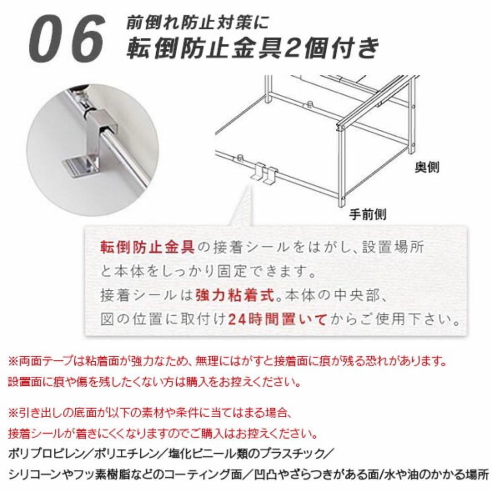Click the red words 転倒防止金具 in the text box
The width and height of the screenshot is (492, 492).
click(x=147, y=248)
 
